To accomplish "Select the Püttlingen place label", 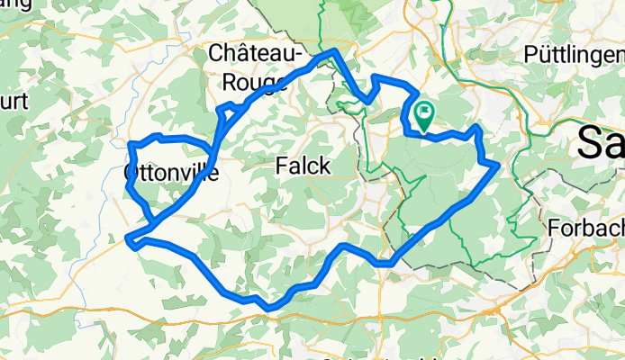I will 573,54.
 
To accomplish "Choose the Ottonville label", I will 170,171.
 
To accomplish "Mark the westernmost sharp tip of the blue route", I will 127,239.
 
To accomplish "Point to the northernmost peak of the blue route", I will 335,50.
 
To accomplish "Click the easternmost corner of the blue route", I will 498,164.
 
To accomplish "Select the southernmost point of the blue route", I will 269,309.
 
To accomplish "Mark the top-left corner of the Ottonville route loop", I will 131,144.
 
